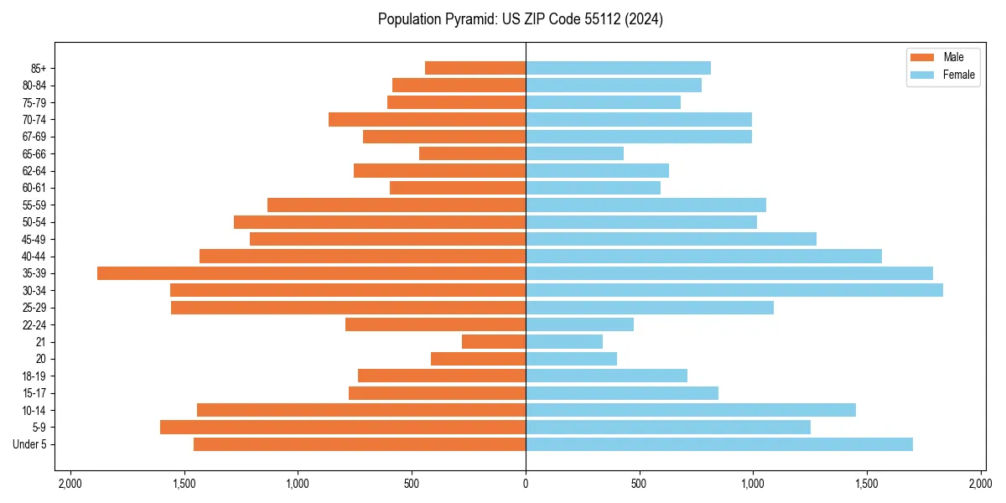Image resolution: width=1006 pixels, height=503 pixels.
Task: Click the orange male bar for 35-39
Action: (x=311, y=273)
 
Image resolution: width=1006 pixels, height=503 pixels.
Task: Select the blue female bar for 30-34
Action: (x=734, y=290)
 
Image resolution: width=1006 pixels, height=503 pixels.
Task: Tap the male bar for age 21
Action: (x=494, y=342)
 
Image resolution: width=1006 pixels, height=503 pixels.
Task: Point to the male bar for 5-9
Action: (x=343, y=428)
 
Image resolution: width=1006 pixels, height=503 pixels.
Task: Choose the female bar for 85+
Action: (x=618, y=68)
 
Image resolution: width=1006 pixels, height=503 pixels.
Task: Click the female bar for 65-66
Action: (x=574, y=153)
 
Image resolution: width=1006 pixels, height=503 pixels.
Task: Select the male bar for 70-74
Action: (x=427, y=120)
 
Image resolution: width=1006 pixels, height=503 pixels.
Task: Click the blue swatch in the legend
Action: (x=921, y=75)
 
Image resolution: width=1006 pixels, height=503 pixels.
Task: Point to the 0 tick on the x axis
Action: (x=526, y=484)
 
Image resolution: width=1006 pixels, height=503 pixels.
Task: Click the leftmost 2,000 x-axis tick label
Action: (x=70, y=484)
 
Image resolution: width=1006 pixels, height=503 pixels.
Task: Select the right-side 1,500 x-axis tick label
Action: (x=867, y=484)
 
